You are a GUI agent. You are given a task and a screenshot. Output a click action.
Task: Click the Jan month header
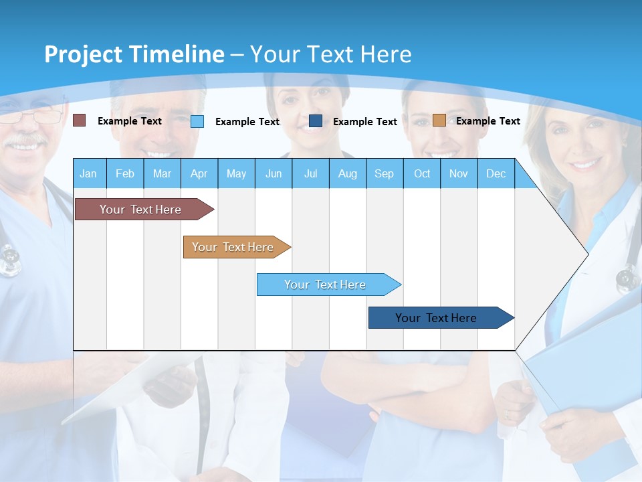(88, 173)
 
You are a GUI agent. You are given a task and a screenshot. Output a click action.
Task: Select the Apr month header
(199, 173)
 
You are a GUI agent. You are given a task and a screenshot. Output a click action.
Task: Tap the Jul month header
(310, 173)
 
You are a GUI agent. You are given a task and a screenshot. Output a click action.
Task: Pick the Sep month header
(384, 173)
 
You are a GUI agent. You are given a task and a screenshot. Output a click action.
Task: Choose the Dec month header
(496, 173)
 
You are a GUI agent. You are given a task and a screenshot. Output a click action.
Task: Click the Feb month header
(125, 173)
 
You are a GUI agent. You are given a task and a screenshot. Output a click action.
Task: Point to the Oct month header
(422, 173)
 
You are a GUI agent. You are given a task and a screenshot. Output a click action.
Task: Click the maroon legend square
(80, 120)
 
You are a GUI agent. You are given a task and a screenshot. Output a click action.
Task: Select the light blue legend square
(197, 121)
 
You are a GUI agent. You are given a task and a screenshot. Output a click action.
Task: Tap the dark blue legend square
(316, 121)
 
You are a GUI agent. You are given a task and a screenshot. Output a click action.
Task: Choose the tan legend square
(439, 120)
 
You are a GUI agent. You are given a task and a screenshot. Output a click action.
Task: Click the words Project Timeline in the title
(134, 54)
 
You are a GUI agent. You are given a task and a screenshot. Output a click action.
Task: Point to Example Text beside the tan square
(488, 121)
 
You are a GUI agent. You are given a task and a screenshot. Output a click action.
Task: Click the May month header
(236, 173)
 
